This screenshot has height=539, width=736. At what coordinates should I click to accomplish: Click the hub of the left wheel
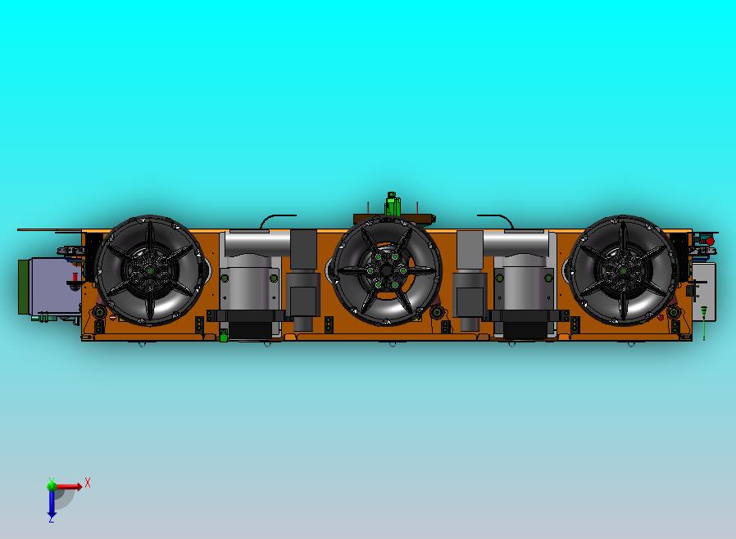[149, 270]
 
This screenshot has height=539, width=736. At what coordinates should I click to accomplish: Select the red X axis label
[88, 483]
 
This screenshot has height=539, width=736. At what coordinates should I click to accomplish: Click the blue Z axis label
[51, 519]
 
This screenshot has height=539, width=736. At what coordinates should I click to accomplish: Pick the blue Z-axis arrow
[51, 503]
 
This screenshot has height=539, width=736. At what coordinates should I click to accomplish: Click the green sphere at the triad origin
[52, 485]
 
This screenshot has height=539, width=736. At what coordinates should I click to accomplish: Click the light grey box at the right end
[703, 291]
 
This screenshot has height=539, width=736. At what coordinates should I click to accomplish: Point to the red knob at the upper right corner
[709, 242]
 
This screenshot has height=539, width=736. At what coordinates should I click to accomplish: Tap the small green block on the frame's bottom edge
[224, 335]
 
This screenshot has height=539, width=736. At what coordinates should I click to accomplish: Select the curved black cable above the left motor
[278, 219]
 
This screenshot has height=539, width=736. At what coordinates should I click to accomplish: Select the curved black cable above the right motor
[495, 219]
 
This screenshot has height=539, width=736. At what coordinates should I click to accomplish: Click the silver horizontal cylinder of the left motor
[257, 243]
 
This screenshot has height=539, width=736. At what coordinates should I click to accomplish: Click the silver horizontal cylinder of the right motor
[516, 243]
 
